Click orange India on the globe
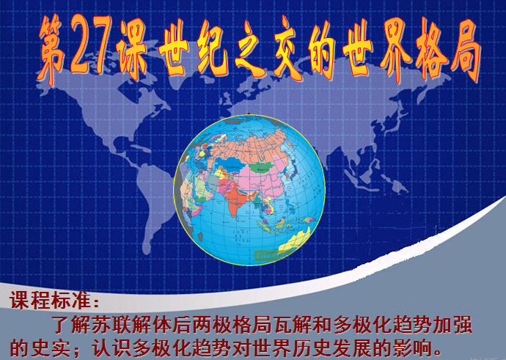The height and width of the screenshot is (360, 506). pos(237,199)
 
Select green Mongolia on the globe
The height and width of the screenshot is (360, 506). pos(262,166)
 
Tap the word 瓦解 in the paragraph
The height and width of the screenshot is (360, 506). pos(291,325)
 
